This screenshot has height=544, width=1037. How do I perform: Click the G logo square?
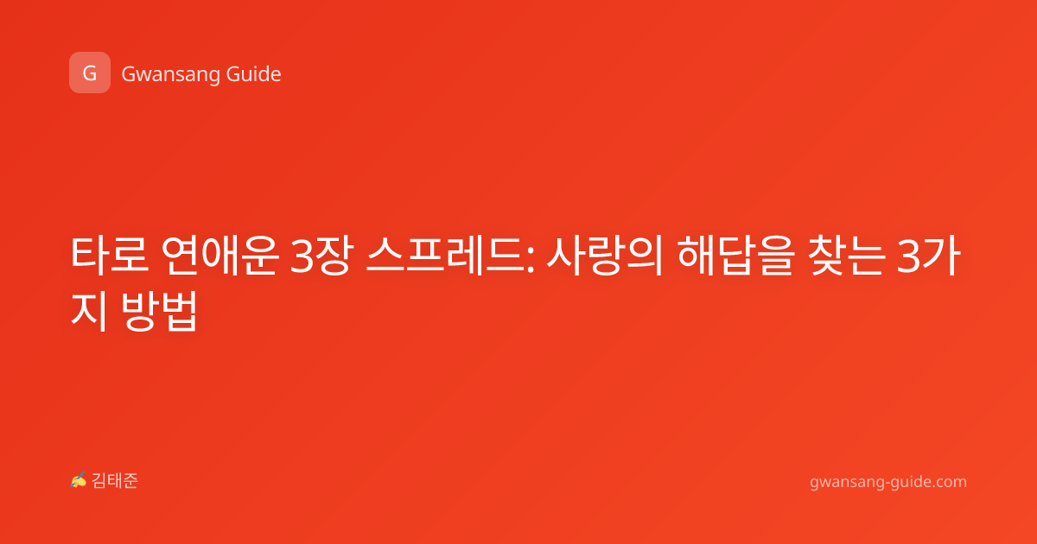tap(90, 73)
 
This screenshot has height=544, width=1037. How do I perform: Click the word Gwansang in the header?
tap(170, 75)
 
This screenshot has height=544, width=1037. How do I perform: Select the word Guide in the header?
tap(254, 74)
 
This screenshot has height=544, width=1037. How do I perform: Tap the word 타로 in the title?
tap(110, 255)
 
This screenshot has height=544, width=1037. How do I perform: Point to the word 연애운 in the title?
tap(219, 255)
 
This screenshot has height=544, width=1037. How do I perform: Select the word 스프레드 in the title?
tap(444, 255)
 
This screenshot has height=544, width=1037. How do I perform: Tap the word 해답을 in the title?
tap(736, 255)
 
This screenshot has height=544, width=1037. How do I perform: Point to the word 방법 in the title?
tap(159, 310)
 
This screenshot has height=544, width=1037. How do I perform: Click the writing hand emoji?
tap(79, 480)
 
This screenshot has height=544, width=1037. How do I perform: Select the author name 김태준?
tap(115, 481)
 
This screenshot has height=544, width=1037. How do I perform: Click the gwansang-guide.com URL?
tap(888, 483)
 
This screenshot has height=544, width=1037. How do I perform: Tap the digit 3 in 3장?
tap(302, 256)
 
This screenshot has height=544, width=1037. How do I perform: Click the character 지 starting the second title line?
tap(90, 310)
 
